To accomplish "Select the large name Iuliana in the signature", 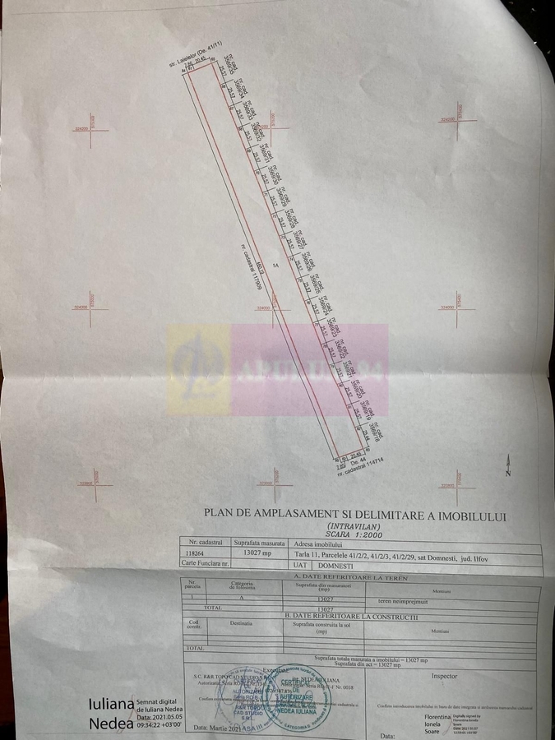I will (110, 705).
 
